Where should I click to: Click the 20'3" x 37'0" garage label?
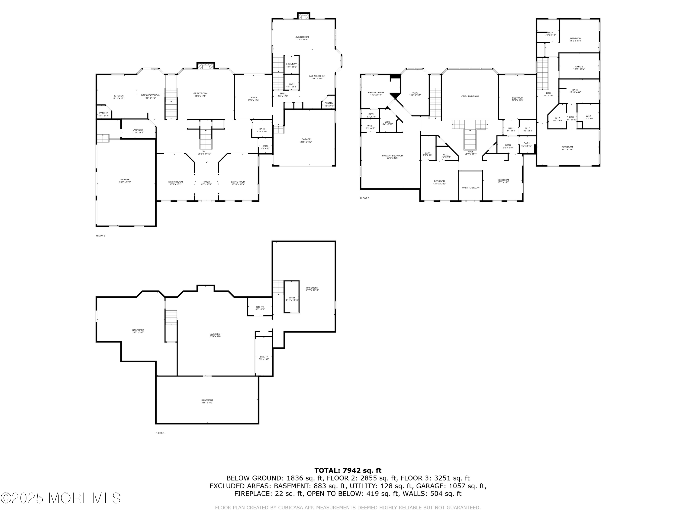(x=125, y=180)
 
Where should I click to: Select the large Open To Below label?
(x=470, y=96)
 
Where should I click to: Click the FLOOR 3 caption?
(x=364, y=198)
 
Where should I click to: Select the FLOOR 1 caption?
(x=160, y=433)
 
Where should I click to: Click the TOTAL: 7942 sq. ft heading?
(x=348, y=470)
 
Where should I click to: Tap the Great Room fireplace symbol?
(x=206, y=66)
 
